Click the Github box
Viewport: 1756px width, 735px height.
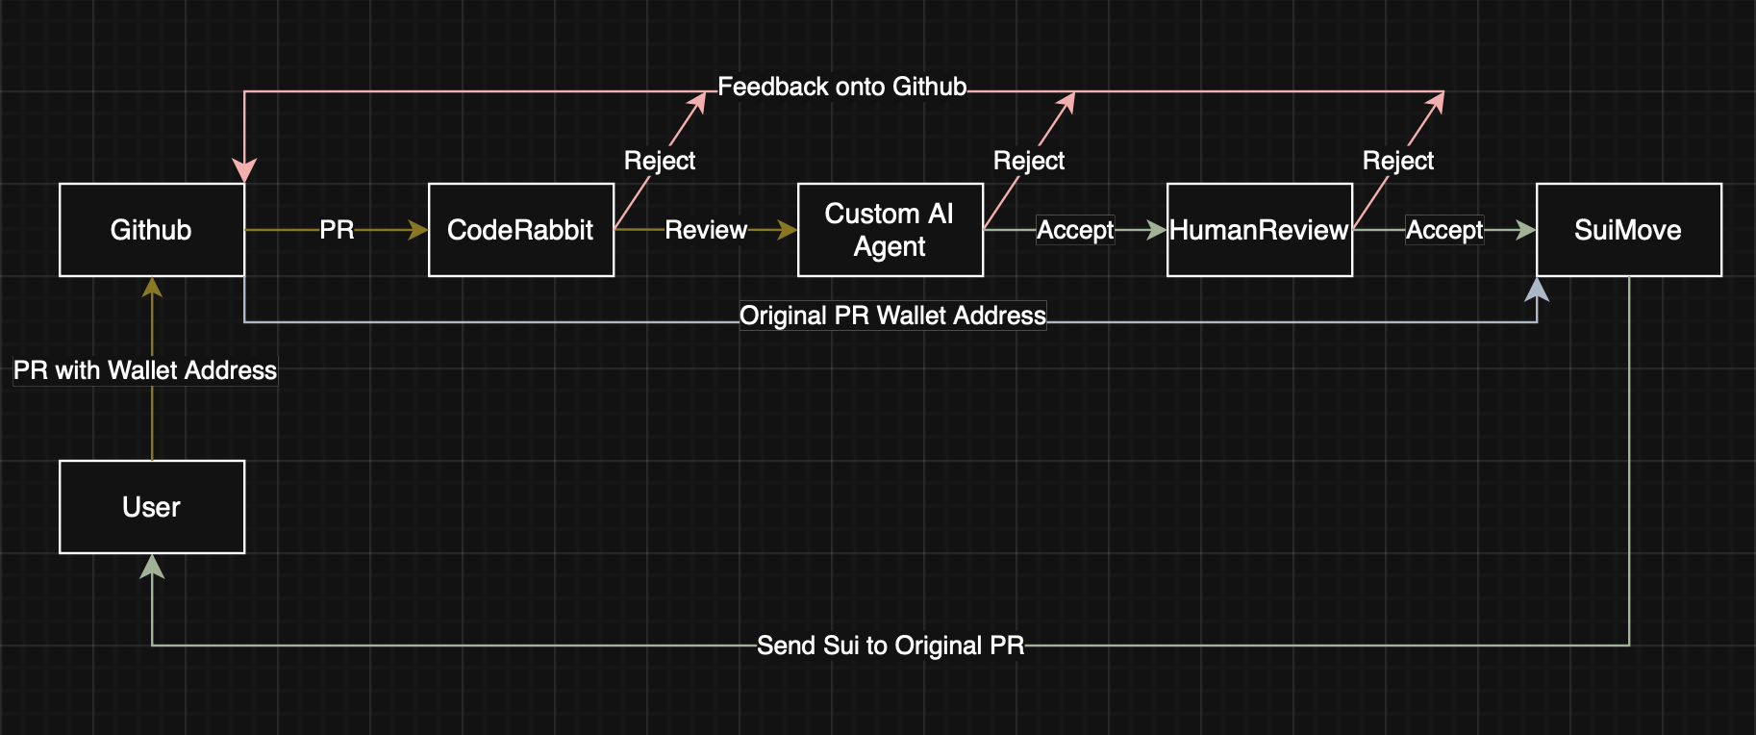[x=152, y=230]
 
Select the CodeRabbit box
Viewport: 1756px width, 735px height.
[x=520, y=230]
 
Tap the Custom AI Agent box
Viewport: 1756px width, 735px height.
[x=890, y=230]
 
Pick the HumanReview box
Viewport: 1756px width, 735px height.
[x=1259, y=230]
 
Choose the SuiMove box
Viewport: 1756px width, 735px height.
[x=1628, y=230]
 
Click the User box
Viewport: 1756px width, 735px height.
[x=152, y=507]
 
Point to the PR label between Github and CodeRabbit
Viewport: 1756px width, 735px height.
[x=337, y=230]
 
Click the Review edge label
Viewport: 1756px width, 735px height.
[x=706, y=230]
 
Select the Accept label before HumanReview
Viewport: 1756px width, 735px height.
[x=1075, y=230]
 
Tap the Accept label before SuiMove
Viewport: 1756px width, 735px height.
[x=1444, y=230]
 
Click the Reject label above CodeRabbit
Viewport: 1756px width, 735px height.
[x=660, y=161]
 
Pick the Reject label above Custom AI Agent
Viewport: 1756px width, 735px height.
[x=1029, y=161]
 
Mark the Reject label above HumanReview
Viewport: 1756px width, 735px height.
[x=1398, y=161]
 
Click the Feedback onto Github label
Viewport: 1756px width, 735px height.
[x=841, y=88]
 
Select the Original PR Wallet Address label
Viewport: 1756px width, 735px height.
[x=892, y=316]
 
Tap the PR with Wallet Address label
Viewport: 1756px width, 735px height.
[x=145, y=370]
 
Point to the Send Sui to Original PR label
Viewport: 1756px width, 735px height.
[x=891, y=646]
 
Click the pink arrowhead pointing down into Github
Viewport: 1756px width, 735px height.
[x=244, y=171]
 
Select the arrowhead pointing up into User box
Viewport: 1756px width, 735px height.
[x=152, y=567]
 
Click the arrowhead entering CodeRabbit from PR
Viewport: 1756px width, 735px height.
[x=417, y=230]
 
